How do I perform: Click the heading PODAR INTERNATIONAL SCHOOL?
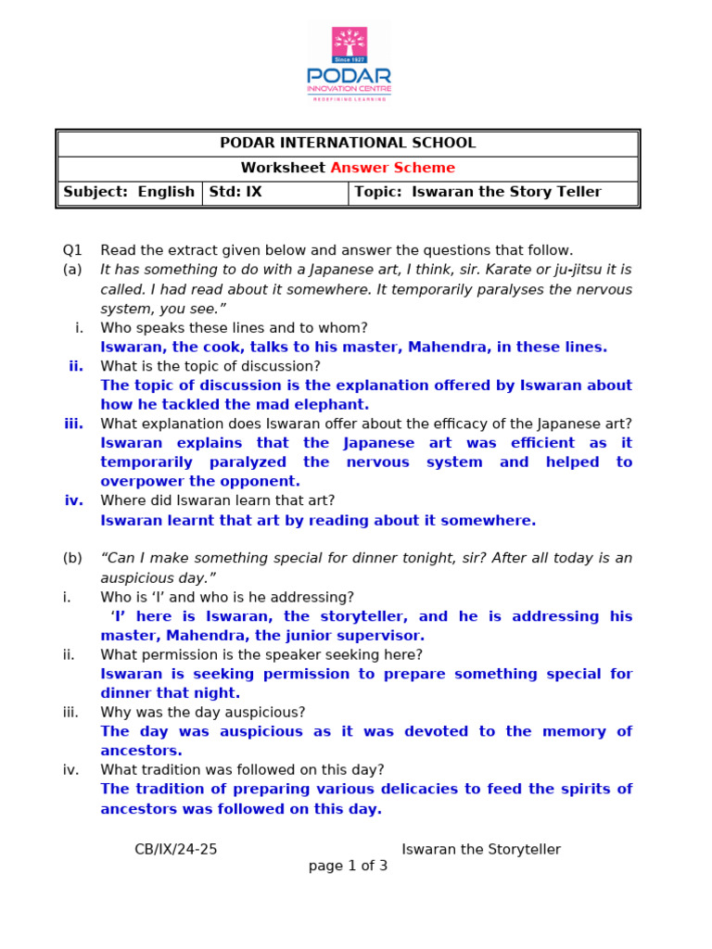pos(348,143)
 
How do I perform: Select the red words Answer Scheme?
pos(393,168)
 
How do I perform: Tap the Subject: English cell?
pos(129,192)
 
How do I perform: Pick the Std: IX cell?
pos(274,192)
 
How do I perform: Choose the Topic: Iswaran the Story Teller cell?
pos(494,192)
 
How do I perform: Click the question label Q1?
pos(72,250)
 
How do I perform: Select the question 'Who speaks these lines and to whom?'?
pos(234,327)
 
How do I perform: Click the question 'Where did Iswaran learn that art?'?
pos(218,500)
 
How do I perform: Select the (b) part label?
pos(72,558)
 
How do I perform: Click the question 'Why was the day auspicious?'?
pos(203,712)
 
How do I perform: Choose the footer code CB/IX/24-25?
pos(176,849)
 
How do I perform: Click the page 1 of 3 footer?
pos(348,867)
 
